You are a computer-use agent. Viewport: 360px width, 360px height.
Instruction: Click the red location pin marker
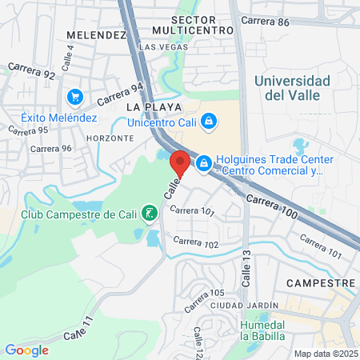click(180, 162)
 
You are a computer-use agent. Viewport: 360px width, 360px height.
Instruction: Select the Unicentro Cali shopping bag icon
click(208, 121)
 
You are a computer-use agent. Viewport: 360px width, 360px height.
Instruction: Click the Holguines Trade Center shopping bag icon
click(204, 163)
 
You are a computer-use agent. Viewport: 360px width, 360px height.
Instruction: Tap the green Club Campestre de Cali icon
click(148, 213)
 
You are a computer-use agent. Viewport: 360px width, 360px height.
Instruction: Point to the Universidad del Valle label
click(292, 88)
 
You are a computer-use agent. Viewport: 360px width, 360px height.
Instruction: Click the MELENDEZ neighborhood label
click(97, 35)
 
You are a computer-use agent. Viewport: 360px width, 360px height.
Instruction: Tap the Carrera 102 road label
click(196, 242)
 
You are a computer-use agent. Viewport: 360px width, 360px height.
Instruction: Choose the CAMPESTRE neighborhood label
click(321, 284)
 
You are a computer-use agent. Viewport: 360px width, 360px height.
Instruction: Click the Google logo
click(26, 350)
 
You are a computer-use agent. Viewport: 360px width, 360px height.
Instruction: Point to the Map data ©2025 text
click(326, 354)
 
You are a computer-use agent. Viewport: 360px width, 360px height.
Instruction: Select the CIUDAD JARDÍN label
click(244, 306)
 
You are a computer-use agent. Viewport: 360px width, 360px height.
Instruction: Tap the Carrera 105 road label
click(205, 301)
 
